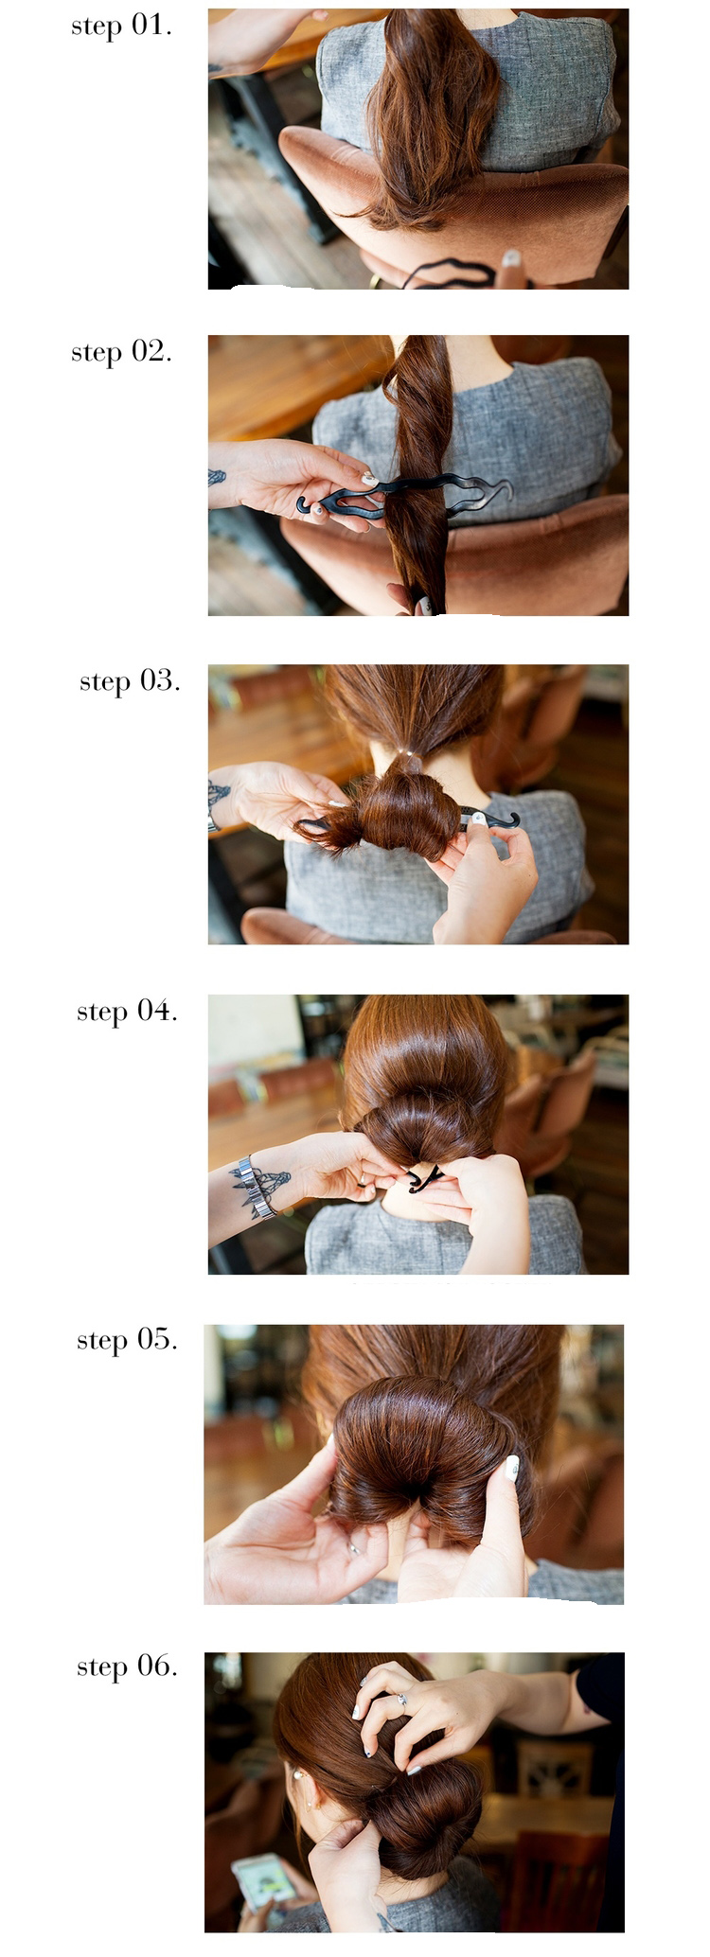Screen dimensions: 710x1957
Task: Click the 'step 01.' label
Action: click(121, 26)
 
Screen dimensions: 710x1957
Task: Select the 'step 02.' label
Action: click(121, 352)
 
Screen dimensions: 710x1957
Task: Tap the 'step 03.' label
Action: click(130, 681)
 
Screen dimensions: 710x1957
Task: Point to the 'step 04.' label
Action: click(127, 1011)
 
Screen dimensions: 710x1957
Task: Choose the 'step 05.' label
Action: click(127, 1340)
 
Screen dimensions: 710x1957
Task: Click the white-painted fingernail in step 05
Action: click(512, 1467)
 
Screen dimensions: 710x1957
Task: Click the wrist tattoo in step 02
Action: click(217, 478)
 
